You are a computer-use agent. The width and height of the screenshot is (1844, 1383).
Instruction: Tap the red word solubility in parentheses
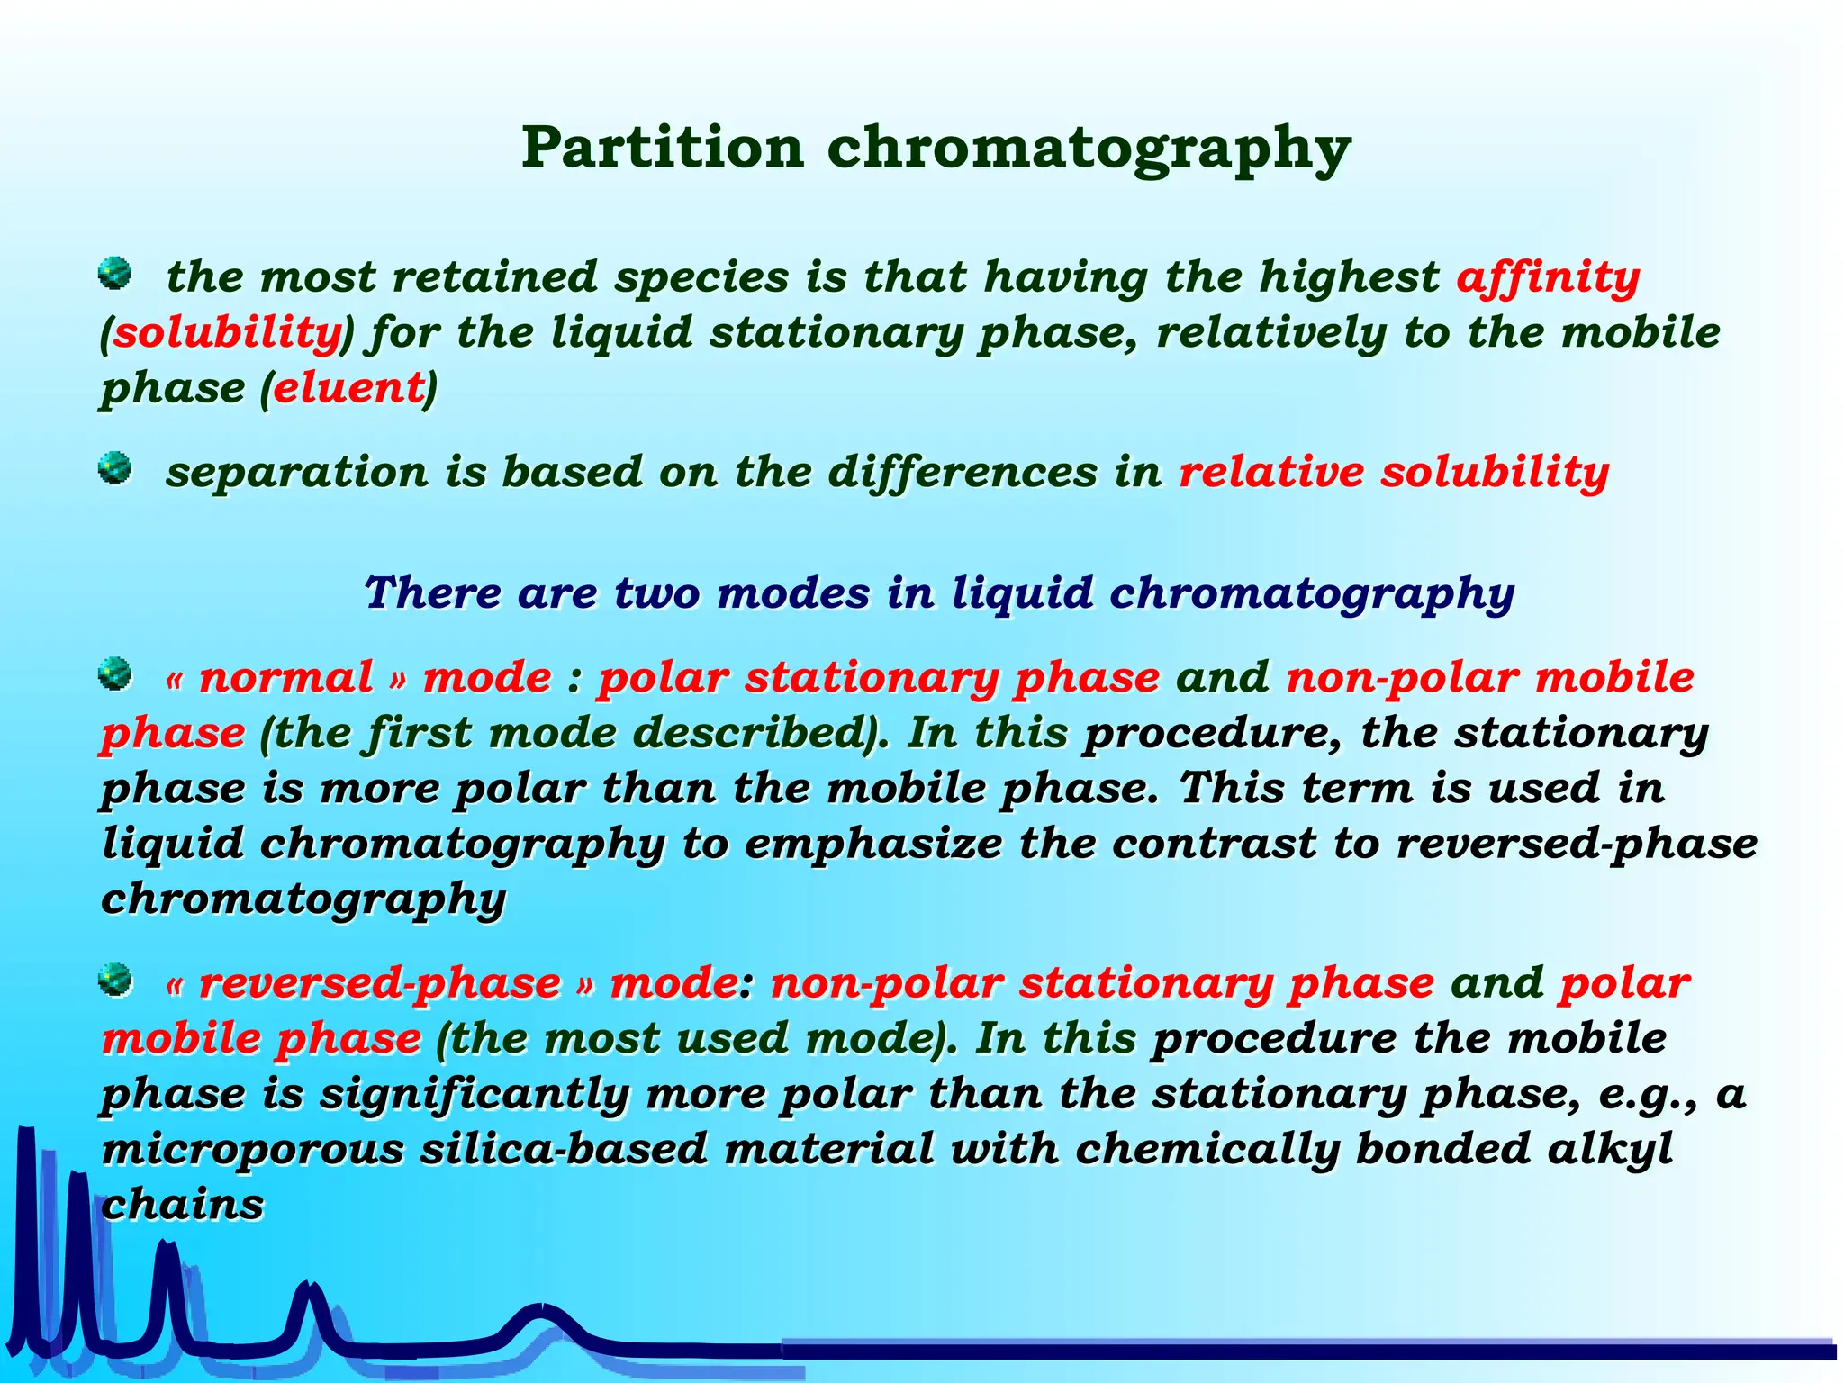point(226,332)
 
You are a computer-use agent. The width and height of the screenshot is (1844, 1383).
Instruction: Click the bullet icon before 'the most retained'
point(114,272)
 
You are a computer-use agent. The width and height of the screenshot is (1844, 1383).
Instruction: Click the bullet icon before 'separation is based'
point(114,467)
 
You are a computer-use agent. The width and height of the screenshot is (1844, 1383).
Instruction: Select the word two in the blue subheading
point(655,593)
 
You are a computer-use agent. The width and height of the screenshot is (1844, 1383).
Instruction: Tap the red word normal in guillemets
point(285,677)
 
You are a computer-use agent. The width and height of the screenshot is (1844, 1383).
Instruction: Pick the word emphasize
point(873,844)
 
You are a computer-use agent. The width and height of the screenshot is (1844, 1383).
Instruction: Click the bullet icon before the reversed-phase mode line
point(114,979)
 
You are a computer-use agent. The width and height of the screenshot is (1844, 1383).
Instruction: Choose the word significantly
point(475,1094)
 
